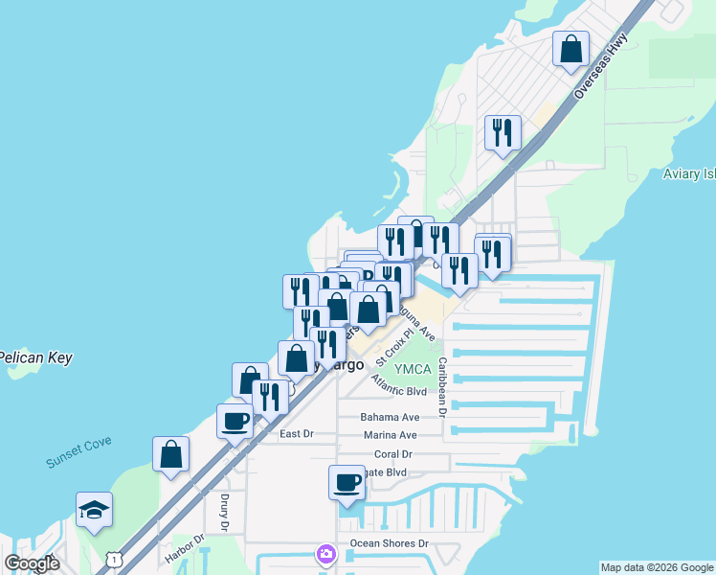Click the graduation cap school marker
(x=94, y=511)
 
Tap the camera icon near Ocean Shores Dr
(x=326, y=554)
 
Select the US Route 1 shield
(x=113, y=558)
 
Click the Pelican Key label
(x=34, y=357)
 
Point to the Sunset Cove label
(x=78, y=451)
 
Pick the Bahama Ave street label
(x=390, y=417)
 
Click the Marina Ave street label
(x=390, y=435)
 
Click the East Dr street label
(x=296, y=434)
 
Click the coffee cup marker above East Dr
(x=235, y=420)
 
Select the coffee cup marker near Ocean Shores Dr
(x=347, y=482)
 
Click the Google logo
(x=33, y=563)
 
